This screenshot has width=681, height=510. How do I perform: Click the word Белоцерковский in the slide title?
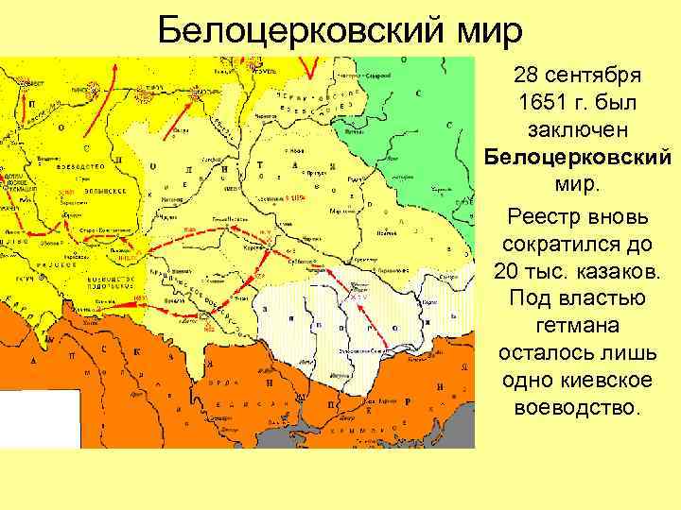pos(297,30)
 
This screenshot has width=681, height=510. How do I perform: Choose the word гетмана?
pos(579,327)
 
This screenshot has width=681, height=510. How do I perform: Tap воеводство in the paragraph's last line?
pos(579,409)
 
